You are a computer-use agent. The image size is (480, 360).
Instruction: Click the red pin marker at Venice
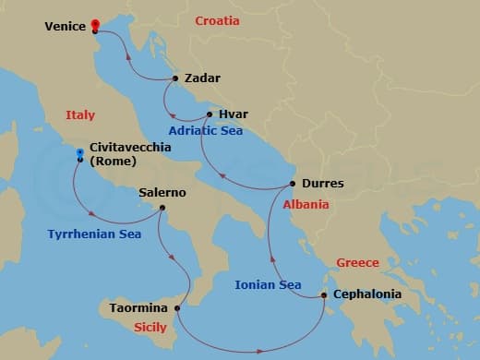(x=95, y=23)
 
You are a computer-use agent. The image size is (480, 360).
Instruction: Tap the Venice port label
(x=66, y=27)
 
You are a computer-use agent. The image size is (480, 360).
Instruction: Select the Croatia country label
(x=217, y=20)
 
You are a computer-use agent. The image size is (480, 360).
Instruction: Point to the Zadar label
(x=202, y=78)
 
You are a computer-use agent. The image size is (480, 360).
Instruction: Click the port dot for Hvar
(x=210, y=114)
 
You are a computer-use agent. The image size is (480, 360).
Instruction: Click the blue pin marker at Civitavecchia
(x=80, y=153)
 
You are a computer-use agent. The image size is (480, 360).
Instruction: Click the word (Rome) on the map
(x=114, y=162)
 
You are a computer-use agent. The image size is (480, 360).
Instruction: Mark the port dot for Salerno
(x=162, y=208)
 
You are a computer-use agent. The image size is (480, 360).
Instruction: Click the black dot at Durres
(x=293, y=184)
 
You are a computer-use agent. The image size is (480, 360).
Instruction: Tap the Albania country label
(x=306, y=205)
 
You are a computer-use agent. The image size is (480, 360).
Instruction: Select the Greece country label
(x=357, y=262)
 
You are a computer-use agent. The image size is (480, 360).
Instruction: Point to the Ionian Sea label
(x=266, y=285)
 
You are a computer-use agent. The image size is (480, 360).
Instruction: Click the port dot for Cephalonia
(x=324, y=295)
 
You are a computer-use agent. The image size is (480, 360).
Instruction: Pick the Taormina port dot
(x=177, y=306)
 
